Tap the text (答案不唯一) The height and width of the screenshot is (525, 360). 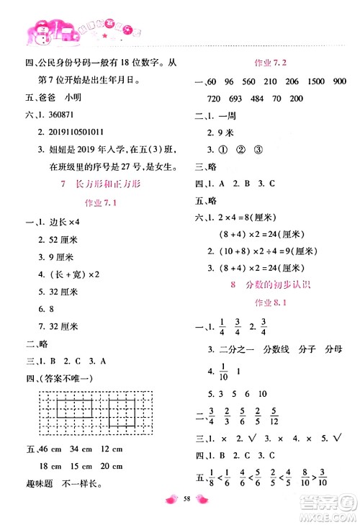70,378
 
